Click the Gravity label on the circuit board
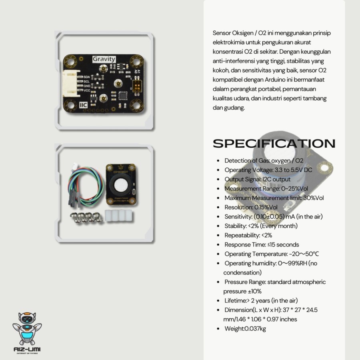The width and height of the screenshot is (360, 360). tap(104, 59)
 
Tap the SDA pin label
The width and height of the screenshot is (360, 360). tap(86, 76)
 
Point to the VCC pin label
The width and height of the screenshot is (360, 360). tap(86, 91)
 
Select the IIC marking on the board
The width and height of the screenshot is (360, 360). tap(84, 105)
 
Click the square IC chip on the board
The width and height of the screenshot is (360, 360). tap(122, 96)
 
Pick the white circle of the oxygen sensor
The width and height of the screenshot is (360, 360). tap(121, 185)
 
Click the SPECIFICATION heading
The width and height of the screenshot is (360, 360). tap(274, 144)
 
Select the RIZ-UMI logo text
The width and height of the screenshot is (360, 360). tap(27, 350)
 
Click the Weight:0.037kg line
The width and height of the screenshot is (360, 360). tap(245, 329)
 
